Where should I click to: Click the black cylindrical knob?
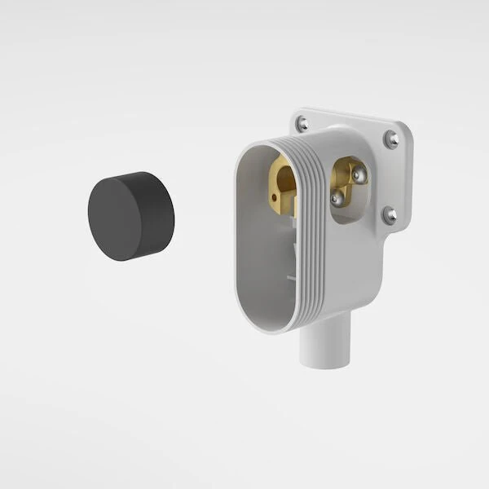[x=130, y=216]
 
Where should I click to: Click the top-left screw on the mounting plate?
[x=302, y=124]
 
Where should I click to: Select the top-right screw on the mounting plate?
[x=392, y=139]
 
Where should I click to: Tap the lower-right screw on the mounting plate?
[x=390, y=215]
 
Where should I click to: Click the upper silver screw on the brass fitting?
[x=358, y=174]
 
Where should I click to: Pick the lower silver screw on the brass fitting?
[x=337, y=197]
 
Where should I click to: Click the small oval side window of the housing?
[x=349, y=189]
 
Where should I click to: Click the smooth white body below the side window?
[x=350, y=261]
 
